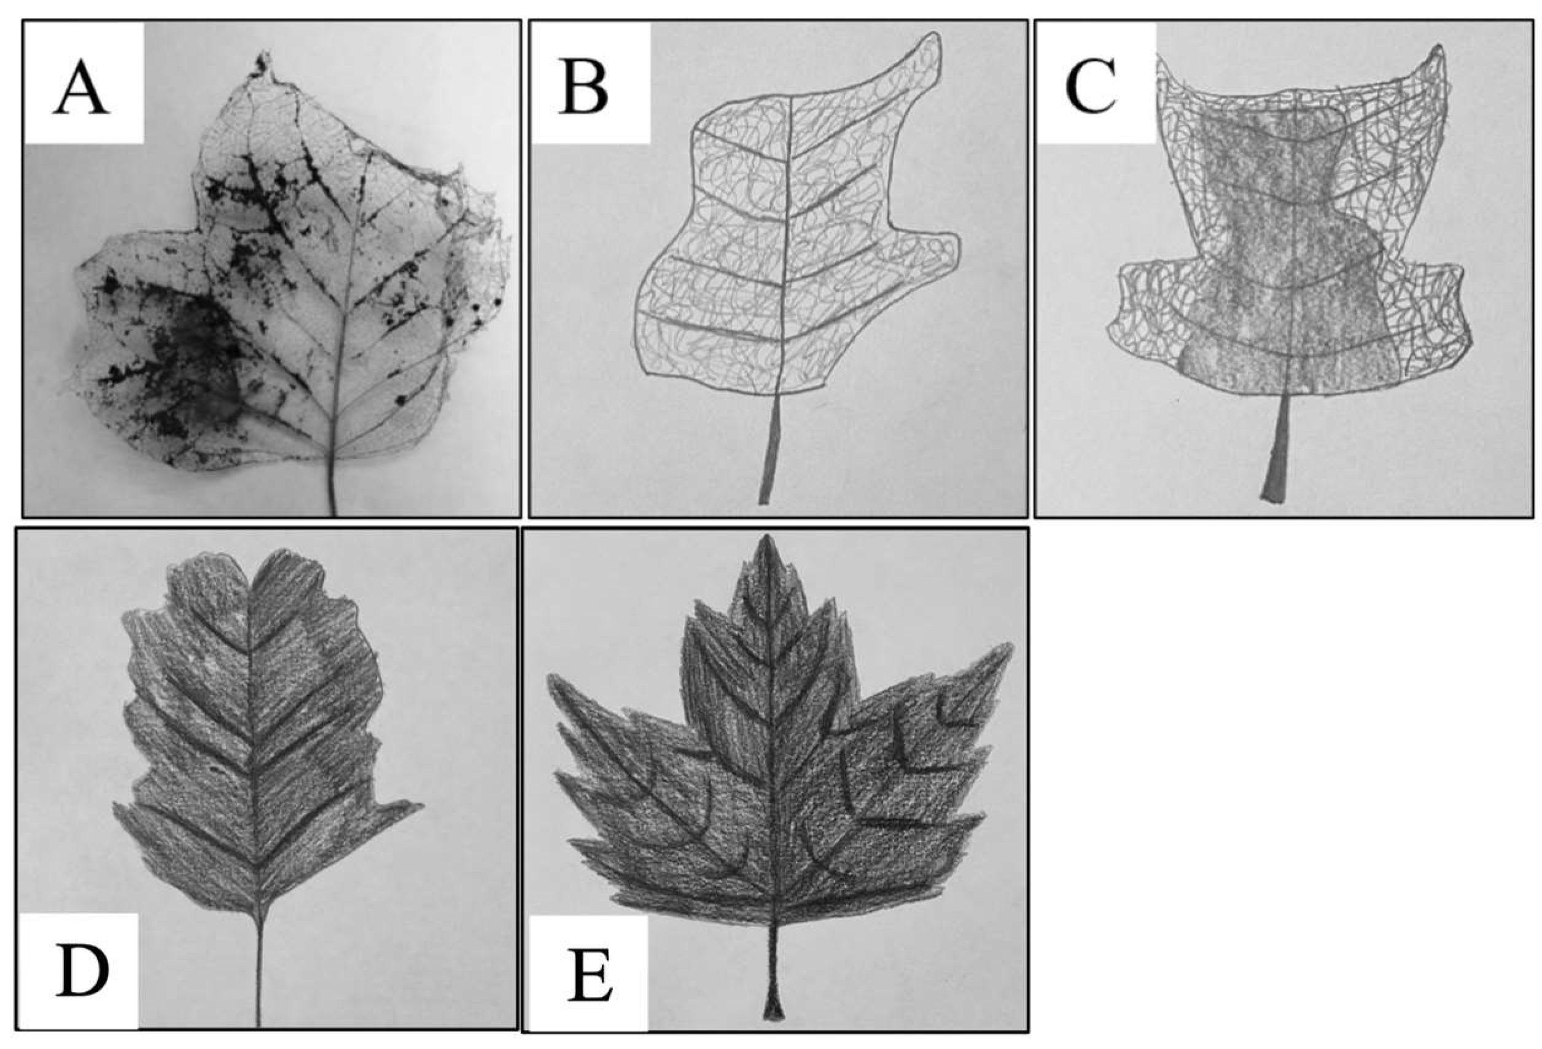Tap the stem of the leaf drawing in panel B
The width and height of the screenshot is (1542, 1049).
click(771, 448)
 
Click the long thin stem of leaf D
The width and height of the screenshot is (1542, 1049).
click(259, 969)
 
